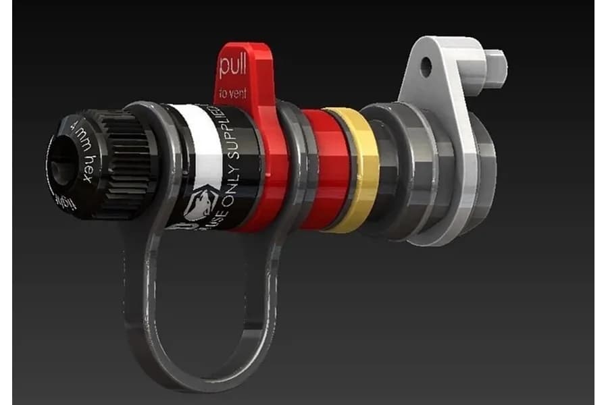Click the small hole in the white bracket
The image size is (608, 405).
[x=426, y=66]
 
